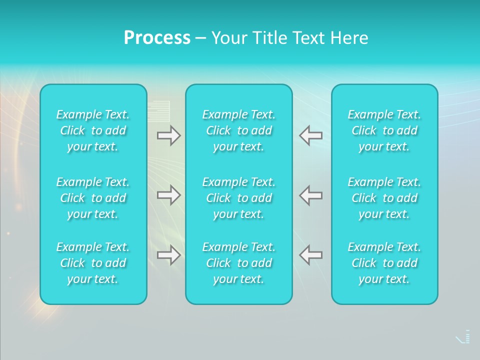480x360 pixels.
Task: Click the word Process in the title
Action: pos(157,38)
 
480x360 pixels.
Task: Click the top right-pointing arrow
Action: pos(169,135)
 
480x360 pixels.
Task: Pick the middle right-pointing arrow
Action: pos(169,195)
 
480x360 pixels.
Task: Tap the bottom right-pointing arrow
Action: pos(169,255)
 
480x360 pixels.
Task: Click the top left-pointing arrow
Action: pos(310,135)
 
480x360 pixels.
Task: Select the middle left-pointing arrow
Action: pos(310,195)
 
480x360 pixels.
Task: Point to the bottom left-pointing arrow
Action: pos(310,255)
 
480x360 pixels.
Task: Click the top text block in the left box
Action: pos(93,130)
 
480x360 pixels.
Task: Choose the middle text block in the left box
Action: pos(93,198)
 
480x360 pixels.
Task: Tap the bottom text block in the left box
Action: pos(93,263)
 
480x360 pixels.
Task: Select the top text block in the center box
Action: pos(238,130)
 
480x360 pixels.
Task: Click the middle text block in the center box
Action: pos(238,198)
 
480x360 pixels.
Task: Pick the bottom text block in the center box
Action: pos(238,263)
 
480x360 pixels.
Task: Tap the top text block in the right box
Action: pos(384,130)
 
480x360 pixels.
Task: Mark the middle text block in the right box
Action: pos(384,198)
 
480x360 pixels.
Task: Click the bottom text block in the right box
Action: pos(384,263)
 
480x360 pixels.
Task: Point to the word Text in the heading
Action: pos(307,38)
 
